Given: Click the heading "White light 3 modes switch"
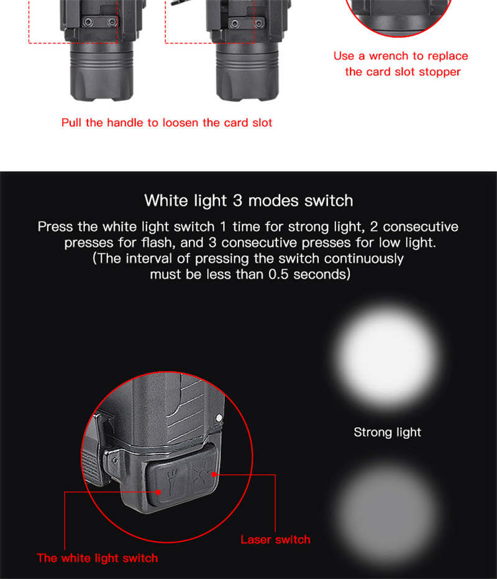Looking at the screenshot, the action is pos(248,201).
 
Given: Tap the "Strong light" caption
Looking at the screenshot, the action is pos(387,432).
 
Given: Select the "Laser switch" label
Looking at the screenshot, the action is pos(275,539).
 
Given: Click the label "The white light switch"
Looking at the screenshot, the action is pos(98,558).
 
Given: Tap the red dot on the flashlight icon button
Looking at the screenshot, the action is pos(158,492).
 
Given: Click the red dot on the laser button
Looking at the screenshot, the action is pos(214,474).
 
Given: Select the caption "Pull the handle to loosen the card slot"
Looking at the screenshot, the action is pos(166,123).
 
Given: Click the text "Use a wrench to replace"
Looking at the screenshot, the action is pos(401,56).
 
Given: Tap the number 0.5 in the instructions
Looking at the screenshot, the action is pos(278,274).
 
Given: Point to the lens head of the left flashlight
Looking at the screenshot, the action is pos(101,73).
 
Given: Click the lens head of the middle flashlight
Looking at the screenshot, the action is pos(247,73).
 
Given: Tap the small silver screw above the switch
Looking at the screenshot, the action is pos(219,418).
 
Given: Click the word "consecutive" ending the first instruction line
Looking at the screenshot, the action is pos(421,227).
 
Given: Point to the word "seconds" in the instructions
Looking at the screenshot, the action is pos(320,274).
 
